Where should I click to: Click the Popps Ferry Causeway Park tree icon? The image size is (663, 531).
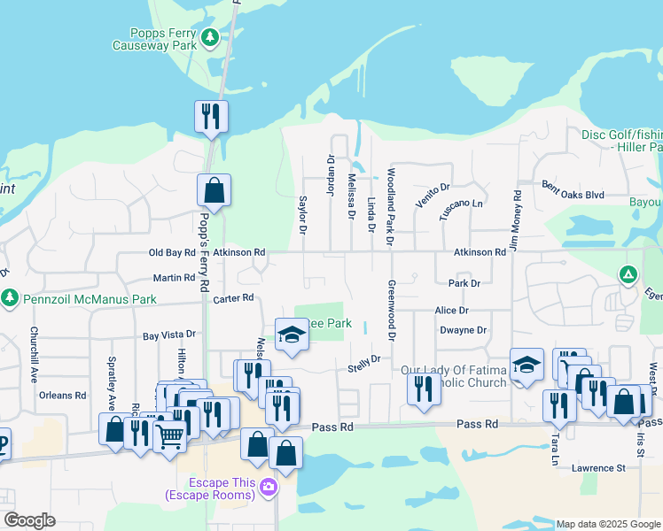[x=210, y=37]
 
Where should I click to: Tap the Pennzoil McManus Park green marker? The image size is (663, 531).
[x=11, y=296]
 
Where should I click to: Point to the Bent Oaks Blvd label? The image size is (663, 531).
[x=573, y=189]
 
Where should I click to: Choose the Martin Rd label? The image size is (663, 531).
[x=174, y=278]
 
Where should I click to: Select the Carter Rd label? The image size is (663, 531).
[x=233, y=298]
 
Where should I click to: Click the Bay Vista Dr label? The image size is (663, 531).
[x=168, y=336]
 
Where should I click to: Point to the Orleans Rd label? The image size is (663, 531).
[x=67, y=396]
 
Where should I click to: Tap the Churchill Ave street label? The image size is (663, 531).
[x=34, y=355]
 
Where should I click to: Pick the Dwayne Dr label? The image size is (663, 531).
[x=464, y=330]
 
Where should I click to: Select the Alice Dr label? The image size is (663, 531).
[x=451, y=311]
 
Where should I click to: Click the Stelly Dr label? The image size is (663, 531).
[x=363, y=363]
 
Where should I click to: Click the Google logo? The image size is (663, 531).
[x=29, y=520]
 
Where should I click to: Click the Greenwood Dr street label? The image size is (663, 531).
[x=390, y=311]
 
